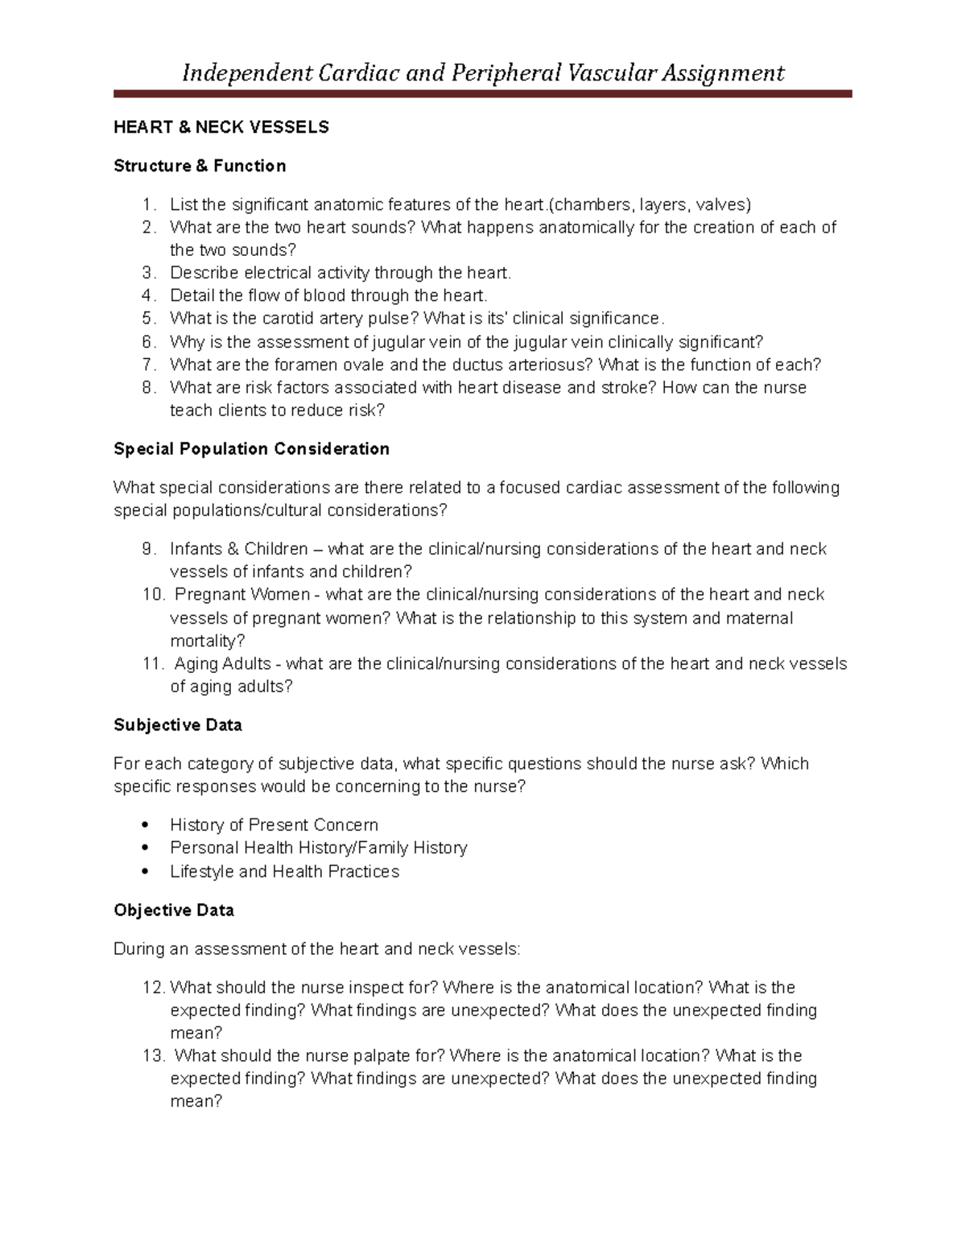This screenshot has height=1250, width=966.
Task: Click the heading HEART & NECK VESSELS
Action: point(221,127)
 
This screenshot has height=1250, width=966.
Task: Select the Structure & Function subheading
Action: point(200,166)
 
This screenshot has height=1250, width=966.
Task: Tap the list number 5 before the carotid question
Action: point(147,319)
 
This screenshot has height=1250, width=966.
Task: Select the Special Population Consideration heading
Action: point(251,449)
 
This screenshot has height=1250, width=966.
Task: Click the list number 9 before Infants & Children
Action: point(147,549)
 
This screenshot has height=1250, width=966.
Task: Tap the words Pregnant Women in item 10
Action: point(242,595)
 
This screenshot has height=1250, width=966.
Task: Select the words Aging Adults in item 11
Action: point(223,664)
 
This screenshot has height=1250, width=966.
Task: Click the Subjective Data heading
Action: point(178,725)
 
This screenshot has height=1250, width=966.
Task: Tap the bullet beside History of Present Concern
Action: point(145,825)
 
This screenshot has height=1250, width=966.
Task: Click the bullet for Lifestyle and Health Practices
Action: point(145,872)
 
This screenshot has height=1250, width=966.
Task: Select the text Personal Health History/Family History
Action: point(318,848)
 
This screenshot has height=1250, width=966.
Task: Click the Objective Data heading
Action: point(174,910)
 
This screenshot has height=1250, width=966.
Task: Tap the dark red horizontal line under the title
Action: point(482,94)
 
